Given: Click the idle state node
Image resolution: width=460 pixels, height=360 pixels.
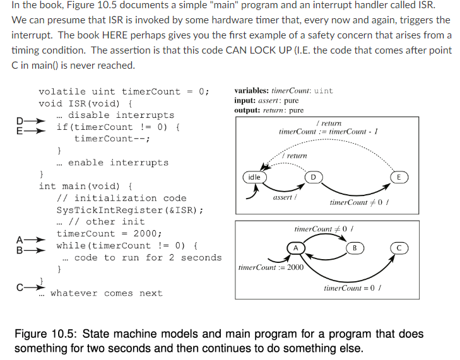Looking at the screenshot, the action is (253, 177).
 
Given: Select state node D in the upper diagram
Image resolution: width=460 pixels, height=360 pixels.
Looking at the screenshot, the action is (311, 177).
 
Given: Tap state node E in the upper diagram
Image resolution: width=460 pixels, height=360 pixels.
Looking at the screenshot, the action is (399, 177).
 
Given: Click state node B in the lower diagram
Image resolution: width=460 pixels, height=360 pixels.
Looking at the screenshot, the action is (355, 248).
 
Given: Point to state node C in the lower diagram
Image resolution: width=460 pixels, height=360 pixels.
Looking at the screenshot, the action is (399, 248).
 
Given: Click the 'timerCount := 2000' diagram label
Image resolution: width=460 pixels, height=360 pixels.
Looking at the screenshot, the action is (271, 267).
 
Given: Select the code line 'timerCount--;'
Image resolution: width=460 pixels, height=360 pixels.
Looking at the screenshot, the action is (112, 139).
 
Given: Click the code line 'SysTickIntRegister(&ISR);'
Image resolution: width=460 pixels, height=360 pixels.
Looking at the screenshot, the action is (129, 210).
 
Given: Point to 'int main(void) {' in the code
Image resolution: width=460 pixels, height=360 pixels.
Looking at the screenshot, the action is (85, 186).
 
